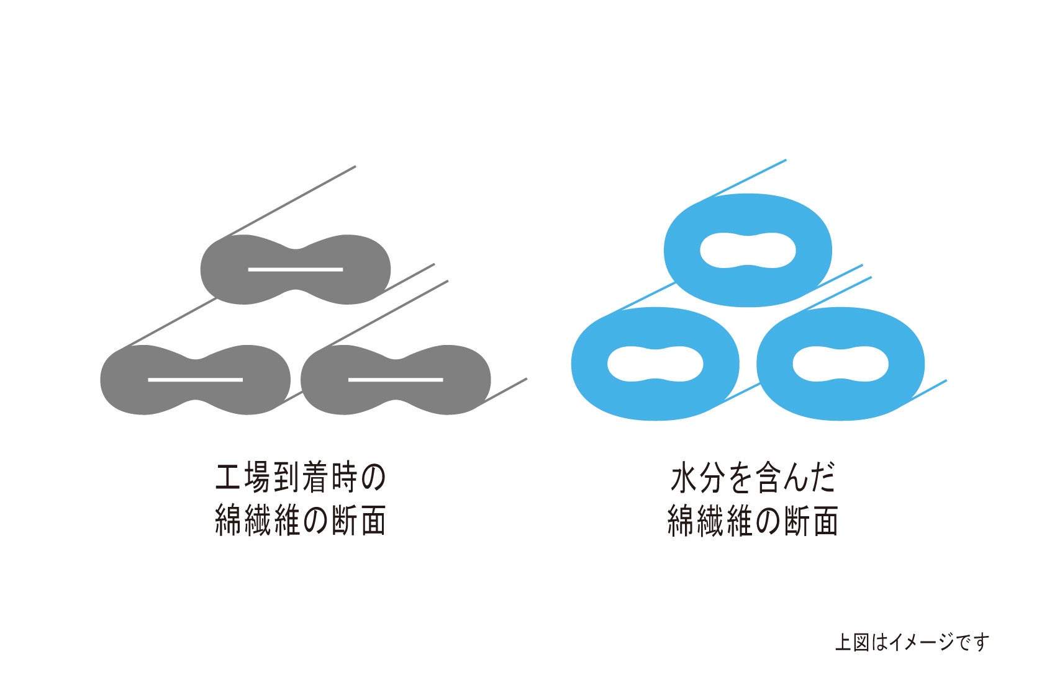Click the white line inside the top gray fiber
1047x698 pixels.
point(296,270)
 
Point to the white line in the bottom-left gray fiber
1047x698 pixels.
point(195,379)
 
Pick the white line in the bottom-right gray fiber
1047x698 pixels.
point(396,379)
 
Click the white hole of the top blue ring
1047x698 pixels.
point(748,251)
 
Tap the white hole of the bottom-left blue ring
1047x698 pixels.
point(655,364)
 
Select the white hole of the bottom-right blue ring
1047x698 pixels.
point(840,364)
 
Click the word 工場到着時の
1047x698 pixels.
point(301,478)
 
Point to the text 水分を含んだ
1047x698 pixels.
point(753,478)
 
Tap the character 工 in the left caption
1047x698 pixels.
point(228,478)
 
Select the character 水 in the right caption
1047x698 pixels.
point(683,478)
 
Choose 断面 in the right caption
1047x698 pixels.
point(811,521)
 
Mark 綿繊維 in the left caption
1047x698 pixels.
point(257,521)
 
